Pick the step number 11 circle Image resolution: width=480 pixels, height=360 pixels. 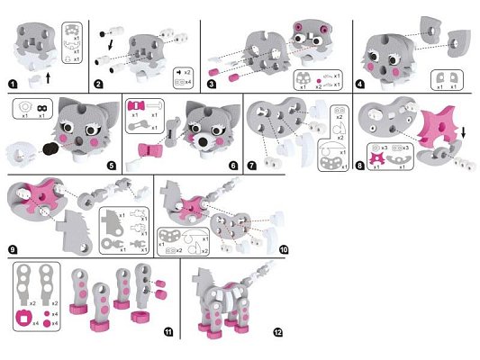(x=168, y=332)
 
